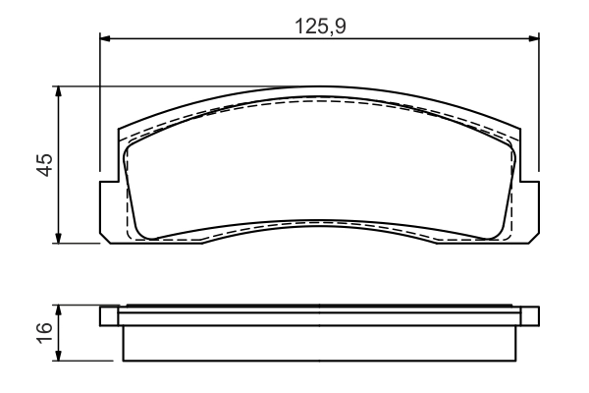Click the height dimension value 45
click(x=44, y=164)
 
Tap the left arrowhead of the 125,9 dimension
click(x=107, y=39)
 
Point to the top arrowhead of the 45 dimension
click(x=61, y=91)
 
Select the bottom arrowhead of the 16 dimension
click(x=61, y=356)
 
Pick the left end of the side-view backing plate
click(x=103, y=316)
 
